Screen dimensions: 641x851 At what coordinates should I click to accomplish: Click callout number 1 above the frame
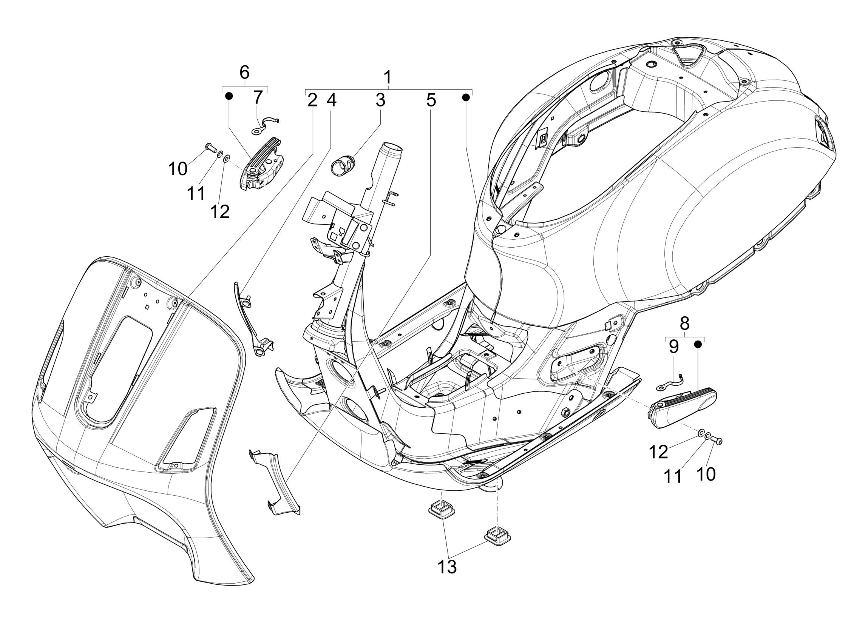388,78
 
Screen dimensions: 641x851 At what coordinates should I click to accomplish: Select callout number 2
312,101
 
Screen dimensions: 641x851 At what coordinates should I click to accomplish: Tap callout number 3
380,101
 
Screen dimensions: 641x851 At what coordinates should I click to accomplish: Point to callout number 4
332,101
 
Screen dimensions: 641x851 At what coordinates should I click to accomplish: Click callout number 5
431,101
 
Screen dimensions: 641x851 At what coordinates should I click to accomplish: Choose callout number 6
244,72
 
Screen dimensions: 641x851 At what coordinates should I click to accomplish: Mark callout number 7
257,98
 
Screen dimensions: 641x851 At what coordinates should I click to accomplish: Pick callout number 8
684,324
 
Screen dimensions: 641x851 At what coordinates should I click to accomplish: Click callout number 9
673,347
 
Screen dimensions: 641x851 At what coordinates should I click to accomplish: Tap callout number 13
447,567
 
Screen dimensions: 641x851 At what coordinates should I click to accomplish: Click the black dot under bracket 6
229,96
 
